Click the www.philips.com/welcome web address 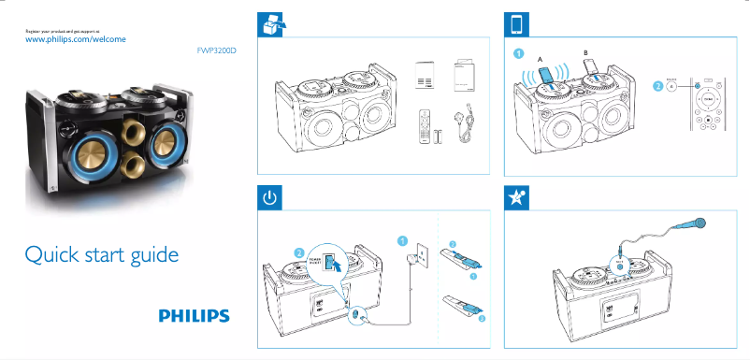pyautogui.click(x=75, y=40)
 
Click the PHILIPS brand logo pyautogui.click(x=194, y=316)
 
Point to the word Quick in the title pyautogui.click(x=51, y=254)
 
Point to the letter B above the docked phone pyautogui.click(x=586, y=51)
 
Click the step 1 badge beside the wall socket pyautogui.click(x=402, y=239)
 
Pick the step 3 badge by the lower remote pyautogui.click(x=483, y=319)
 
